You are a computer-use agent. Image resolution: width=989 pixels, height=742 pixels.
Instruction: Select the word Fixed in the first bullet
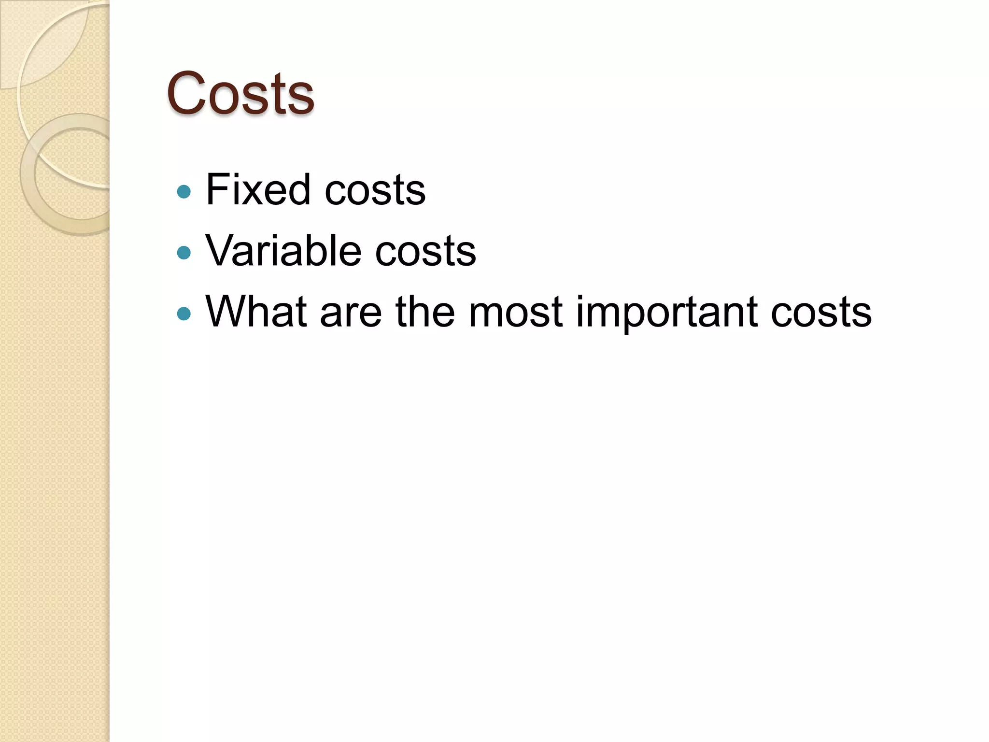(x=258, y=189)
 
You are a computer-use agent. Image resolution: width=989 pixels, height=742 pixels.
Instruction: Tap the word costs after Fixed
(x=375, y=190)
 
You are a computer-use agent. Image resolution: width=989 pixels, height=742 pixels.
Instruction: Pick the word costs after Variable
(x=425, y=252)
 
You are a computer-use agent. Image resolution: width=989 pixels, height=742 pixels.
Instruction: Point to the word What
(x=256, y=312)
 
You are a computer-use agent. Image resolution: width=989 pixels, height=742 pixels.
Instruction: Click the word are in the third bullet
(x=351, y=313)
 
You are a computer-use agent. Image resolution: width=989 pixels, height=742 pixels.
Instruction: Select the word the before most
(x=425, y=312)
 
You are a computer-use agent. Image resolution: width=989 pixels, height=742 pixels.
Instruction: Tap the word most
(x=516, y=313)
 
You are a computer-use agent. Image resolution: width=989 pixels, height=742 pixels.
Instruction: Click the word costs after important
(x=821, y=313)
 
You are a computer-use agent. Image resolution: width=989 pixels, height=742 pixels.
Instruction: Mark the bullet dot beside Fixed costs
(x=184, y=192)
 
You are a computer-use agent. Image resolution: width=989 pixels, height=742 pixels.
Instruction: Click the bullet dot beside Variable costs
(x=184, y=253)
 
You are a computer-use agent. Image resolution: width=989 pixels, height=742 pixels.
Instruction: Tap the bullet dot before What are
(x=184, y=314)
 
